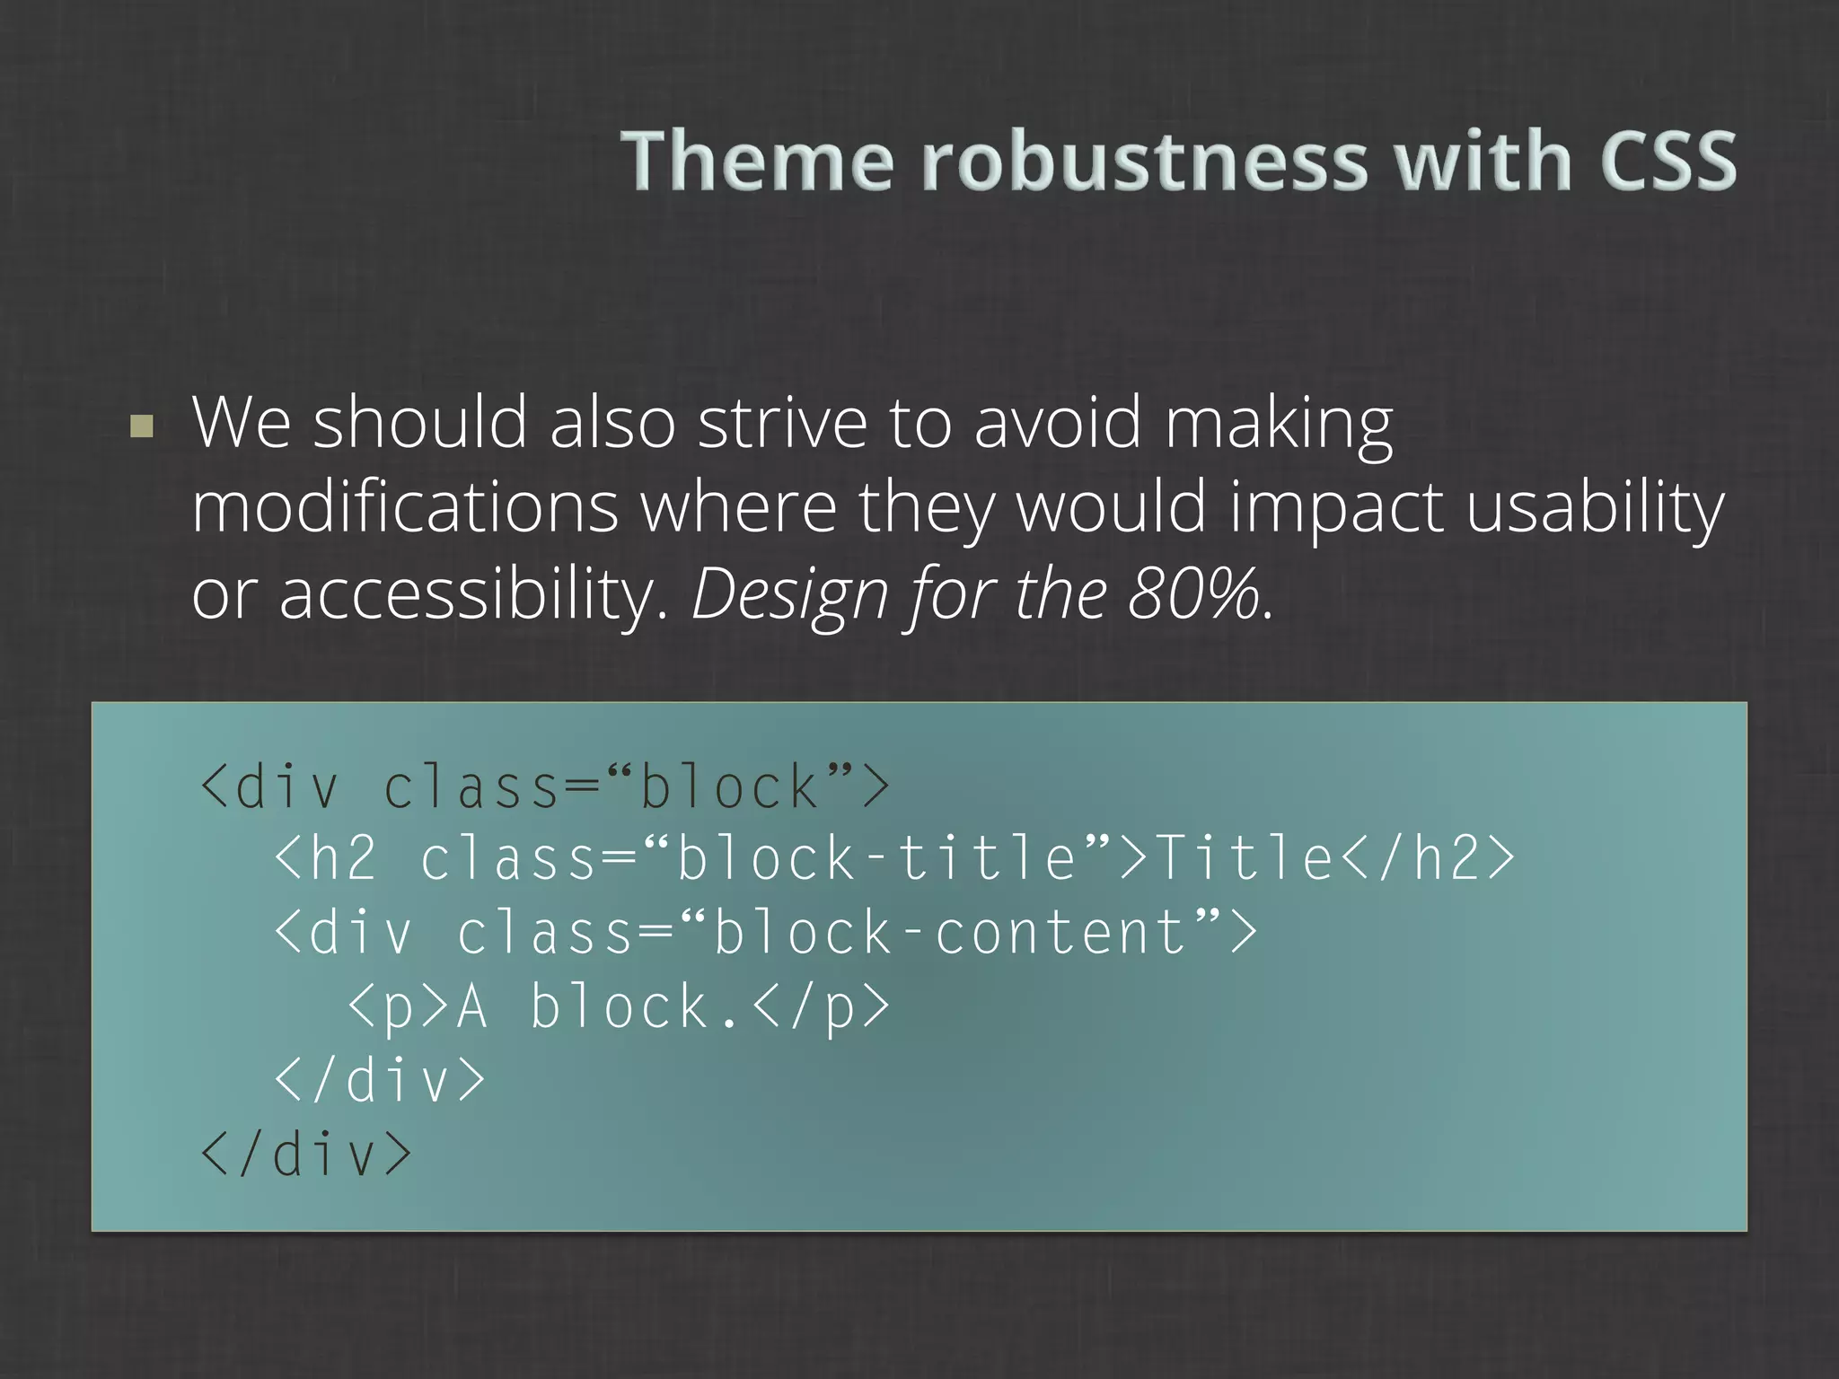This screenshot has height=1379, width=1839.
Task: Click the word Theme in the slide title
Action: point(757,161)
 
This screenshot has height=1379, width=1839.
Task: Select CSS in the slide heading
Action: point(1667,161)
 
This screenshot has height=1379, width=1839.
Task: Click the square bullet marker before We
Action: point(142,426)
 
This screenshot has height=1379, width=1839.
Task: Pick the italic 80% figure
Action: point(1194,594)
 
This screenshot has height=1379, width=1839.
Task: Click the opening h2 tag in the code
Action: point(326,858)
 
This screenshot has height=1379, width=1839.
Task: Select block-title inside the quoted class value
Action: point(876,858)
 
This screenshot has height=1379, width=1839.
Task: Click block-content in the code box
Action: point(950,932)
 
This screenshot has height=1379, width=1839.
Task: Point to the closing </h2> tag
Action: point(1428,858)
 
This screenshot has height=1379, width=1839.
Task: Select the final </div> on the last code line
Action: point(306,1155)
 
